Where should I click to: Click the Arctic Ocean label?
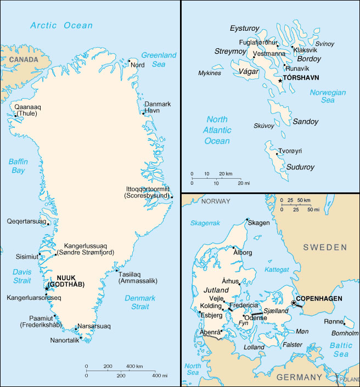[61, 25]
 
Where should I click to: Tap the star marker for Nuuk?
[46, 288]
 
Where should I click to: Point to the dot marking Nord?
[130, 61]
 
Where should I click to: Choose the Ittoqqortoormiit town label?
[148, 192]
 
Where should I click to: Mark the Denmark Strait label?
[140, 303]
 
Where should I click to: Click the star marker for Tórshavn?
[280, 81]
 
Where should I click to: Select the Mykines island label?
[210, 73]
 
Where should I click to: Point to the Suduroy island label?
[300, 167]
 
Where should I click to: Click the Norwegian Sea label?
[328, 96]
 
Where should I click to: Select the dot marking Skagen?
[246, 222]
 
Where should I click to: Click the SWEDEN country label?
[326, 248]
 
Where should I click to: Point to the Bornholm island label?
[344, 333]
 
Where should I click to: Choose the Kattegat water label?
[277, 270]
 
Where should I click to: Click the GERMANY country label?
[299, 377]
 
